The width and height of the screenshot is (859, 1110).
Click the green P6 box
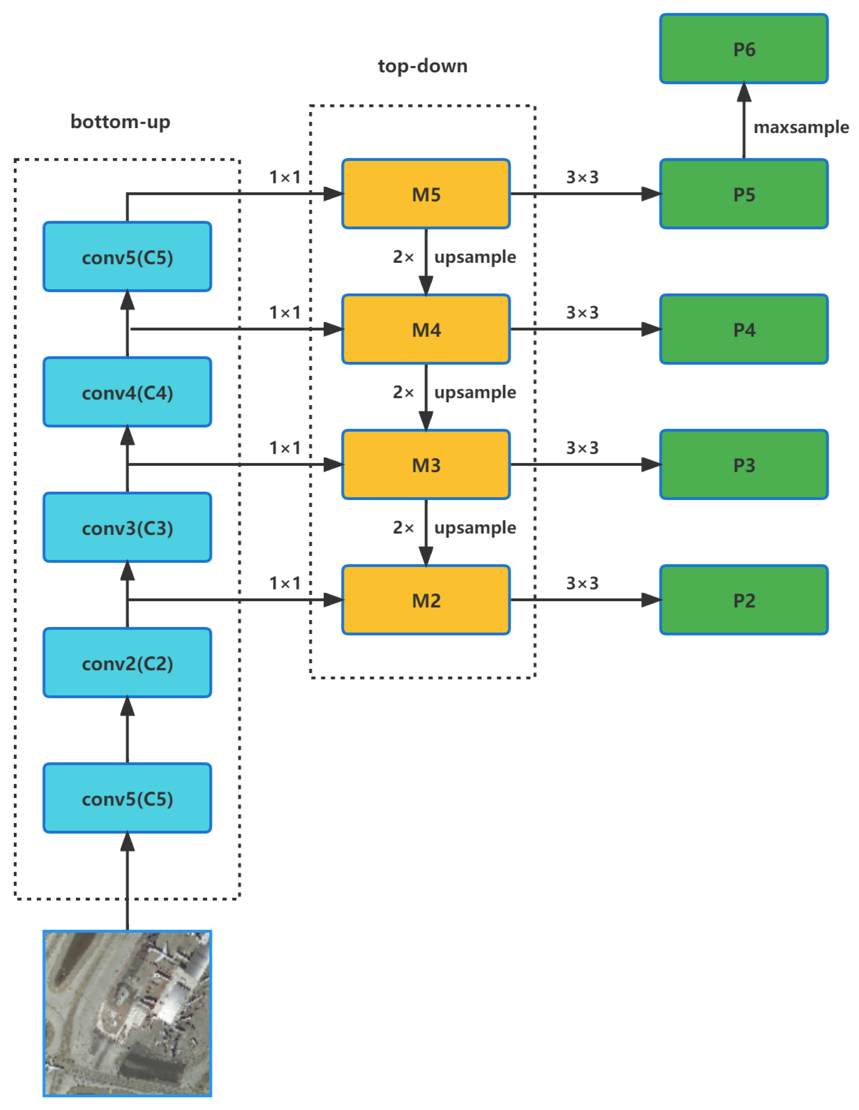743,49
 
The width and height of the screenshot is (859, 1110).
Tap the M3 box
426,464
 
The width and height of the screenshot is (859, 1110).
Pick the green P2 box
743,600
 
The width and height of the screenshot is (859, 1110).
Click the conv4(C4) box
127,393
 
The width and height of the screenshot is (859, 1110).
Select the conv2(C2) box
127,663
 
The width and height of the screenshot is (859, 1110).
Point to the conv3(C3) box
127,528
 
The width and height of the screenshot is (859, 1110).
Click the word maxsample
801,127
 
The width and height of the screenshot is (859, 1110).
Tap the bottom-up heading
121,122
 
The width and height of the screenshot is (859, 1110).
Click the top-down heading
422,66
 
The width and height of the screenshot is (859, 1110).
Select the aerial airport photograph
127,1013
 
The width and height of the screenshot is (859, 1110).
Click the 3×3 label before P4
583,313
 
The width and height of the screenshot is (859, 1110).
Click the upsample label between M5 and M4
475,257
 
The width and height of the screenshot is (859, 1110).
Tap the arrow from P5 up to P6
743,122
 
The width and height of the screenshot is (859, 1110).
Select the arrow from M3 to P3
584,464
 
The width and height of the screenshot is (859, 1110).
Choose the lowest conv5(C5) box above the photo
127,798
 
